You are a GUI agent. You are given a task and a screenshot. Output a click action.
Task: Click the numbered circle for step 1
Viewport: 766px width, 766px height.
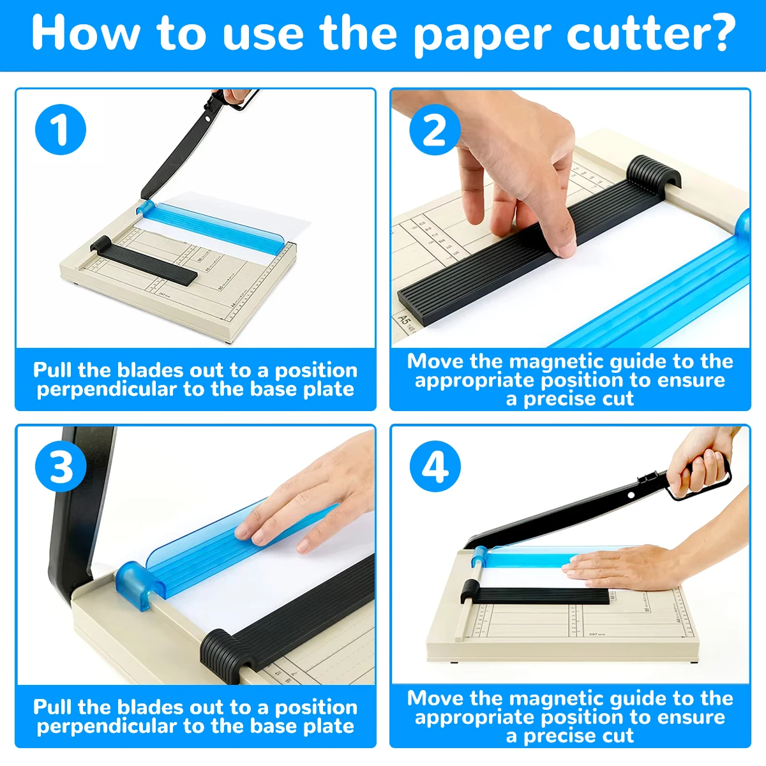[61, 130]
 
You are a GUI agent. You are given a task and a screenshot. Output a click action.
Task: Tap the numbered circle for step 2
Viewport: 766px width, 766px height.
[435, 130]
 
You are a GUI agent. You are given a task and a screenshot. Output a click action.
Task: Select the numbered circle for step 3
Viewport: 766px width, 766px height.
[61, 467]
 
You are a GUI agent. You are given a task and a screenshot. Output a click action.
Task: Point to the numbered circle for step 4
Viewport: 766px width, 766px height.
[435, 467]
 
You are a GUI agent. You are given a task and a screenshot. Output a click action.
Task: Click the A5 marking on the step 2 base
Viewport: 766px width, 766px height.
[404, 318]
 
